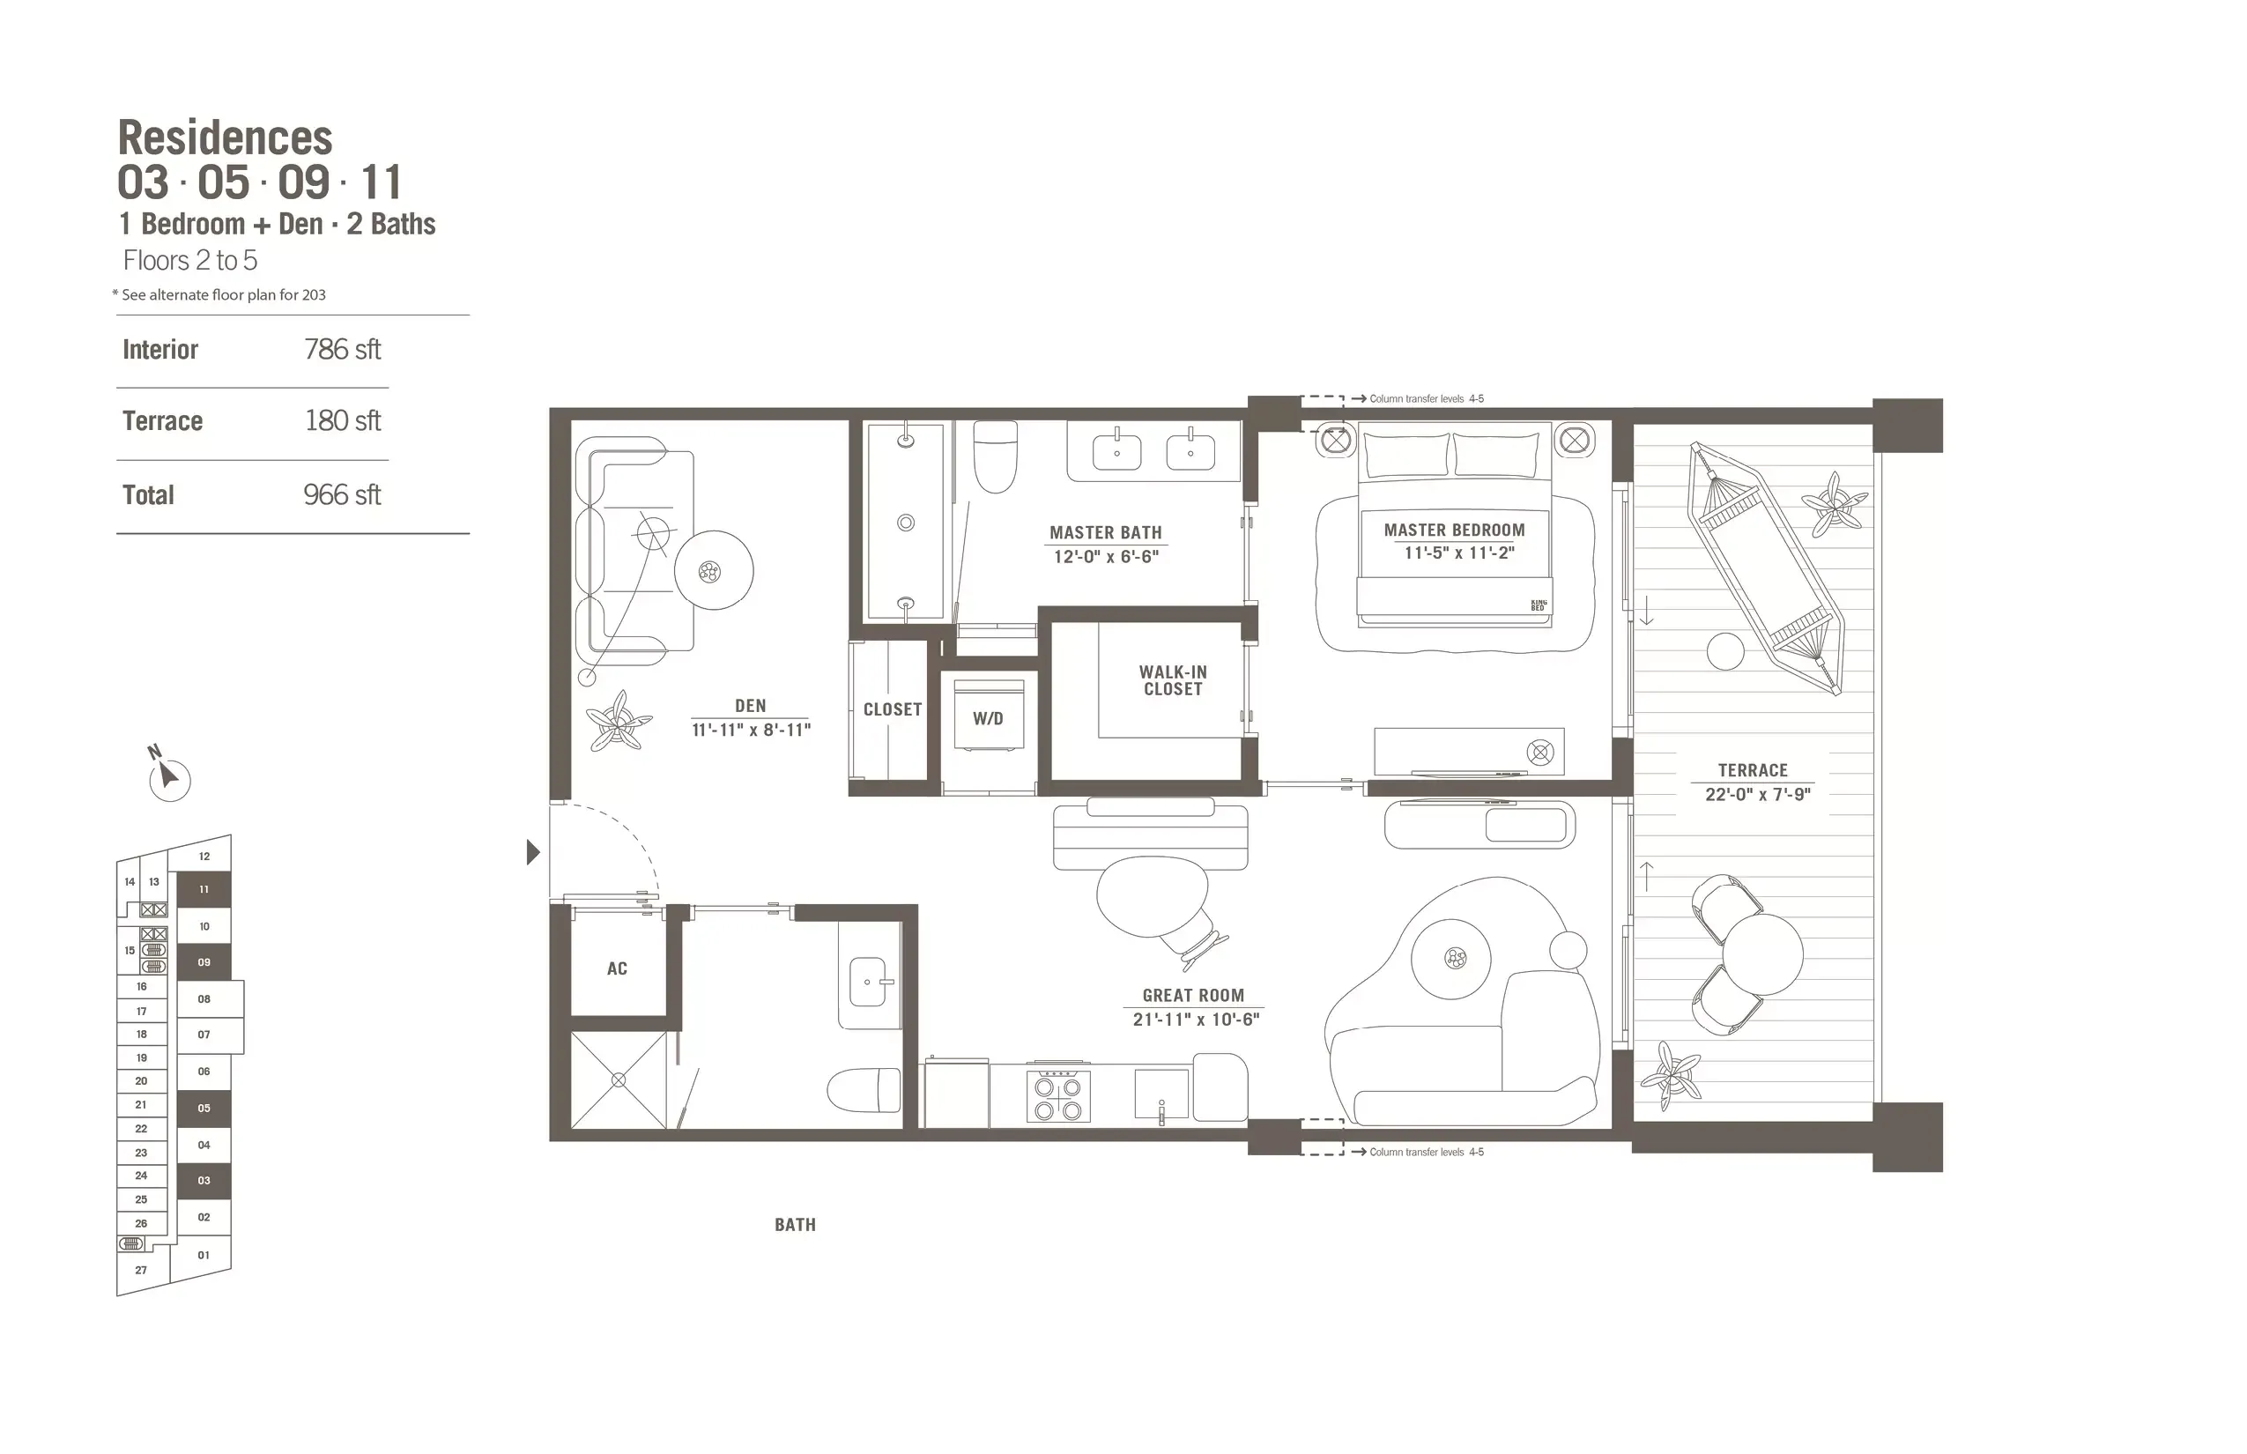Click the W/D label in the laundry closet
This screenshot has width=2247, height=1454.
click(988, 718)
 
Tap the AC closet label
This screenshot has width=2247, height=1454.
click(617, 968)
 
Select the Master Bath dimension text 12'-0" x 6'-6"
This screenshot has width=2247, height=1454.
click(1106, 557)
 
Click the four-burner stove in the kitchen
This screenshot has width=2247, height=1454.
click(1058, 1098)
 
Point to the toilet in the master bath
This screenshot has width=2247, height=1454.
click(995, 456)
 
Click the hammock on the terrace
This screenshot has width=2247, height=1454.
click(1763, 568)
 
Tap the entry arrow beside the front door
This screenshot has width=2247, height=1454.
click(532, 853)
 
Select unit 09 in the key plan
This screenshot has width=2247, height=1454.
click(204, 962)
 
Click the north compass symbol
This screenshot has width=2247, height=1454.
click(169, 778)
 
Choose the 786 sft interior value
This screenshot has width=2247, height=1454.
click(342, 349)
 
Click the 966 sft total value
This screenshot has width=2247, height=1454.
click(342, 494)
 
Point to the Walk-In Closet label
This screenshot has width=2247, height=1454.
click(1173, 680)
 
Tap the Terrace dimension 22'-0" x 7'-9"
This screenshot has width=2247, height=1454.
click(1757, 795)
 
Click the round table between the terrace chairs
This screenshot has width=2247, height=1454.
click(1762, 954)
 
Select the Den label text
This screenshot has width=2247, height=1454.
click(751, 706)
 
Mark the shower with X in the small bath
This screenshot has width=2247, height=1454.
click(619, 1080)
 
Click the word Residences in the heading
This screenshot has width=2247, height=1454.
click(225, 137)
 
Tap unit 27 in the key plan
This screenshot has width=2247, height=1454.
click(141, 1270)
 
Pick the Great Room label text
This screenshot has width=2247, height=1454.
click(1193, 995)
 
